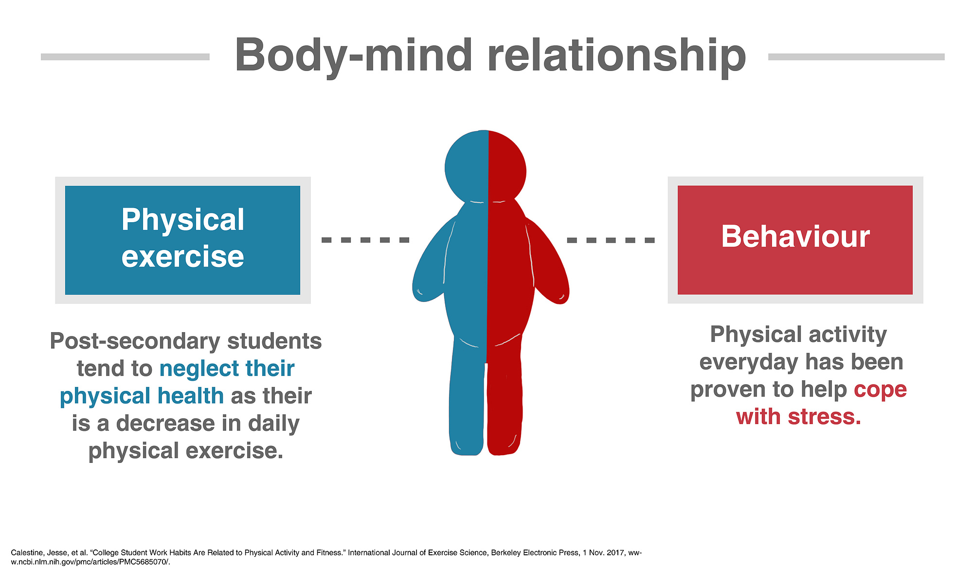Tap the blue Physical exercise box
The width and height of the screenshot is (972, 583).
click(182, 240)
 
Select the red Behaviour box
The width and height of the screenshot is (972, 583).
click(795, 240)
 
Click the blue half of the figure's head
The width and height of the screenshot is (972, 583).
click(466, 167)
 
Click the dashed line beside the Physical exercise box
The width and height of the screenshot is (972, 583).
click(365, 240)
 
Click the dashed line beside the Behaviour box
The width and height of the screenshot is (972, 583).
click(611, 240)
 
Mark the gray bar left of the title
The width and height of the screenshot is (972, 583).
click(125, 57)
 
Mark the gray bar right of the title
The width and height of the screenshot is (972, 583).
click(856, 57)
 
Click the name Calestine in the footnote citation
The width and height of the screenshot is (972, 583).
click(24, 552)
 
